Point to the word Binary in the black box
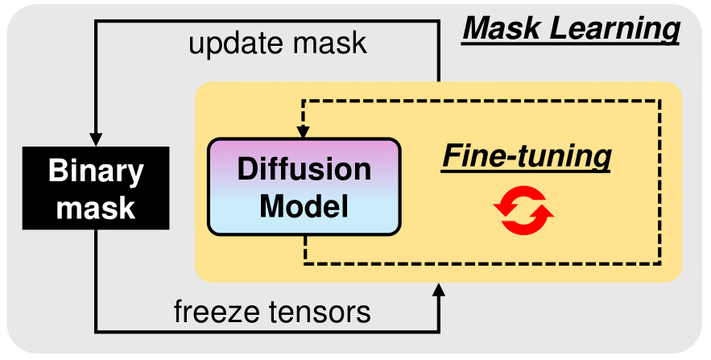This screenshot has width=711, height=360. pos(95,171)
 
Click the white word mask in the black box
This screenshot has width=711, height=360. pos(95,209)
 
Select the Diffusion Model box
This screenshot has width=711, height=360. pos(304,188)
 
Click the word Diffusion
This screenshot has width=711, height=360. pos(304,170)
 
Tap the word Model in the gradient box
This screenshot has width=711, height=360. pos(304,206)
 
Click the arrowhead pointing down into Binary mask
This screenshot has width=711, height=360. pos(96,137)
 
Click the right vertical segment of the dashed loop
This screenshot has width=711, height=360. pos(660,185)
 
